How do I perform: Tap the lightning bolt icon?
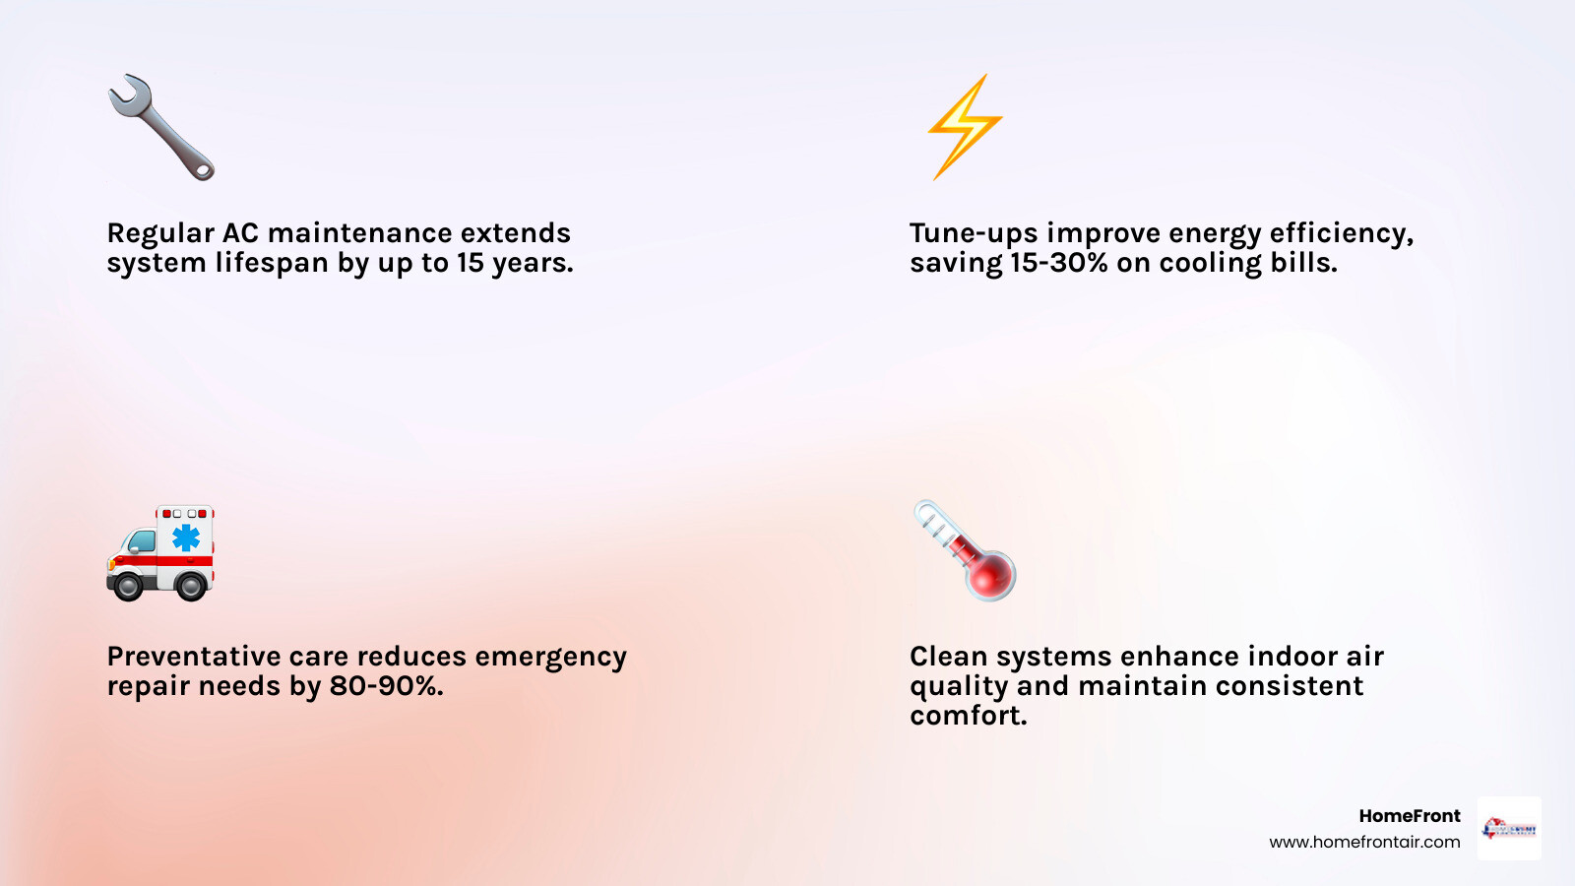pos(965,126)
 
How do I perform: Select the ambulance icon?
pos(160,553)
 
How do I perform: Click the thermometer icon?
pos(965,551)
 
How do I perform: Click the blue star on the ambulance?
pos(185,537)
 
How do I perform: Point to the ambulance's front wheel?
pos(128,586)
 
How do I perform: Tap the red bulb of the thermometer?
pos(989,576)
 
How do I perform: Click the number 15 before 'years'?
pos(471,263)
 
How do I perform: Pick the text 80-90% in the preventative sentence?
pos(384,686)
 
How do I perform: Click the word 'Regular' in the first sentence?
pos(160,233)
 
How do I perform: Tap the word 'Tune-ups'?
pos(974,233)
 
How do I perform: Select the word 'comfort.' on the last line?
pos(968,716)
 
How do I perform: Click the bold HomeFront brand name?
pos(1409,816)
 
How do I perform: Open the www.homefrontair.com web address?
pos(1364,842)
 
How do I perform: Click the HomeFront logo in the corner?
pos(1509,829)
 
